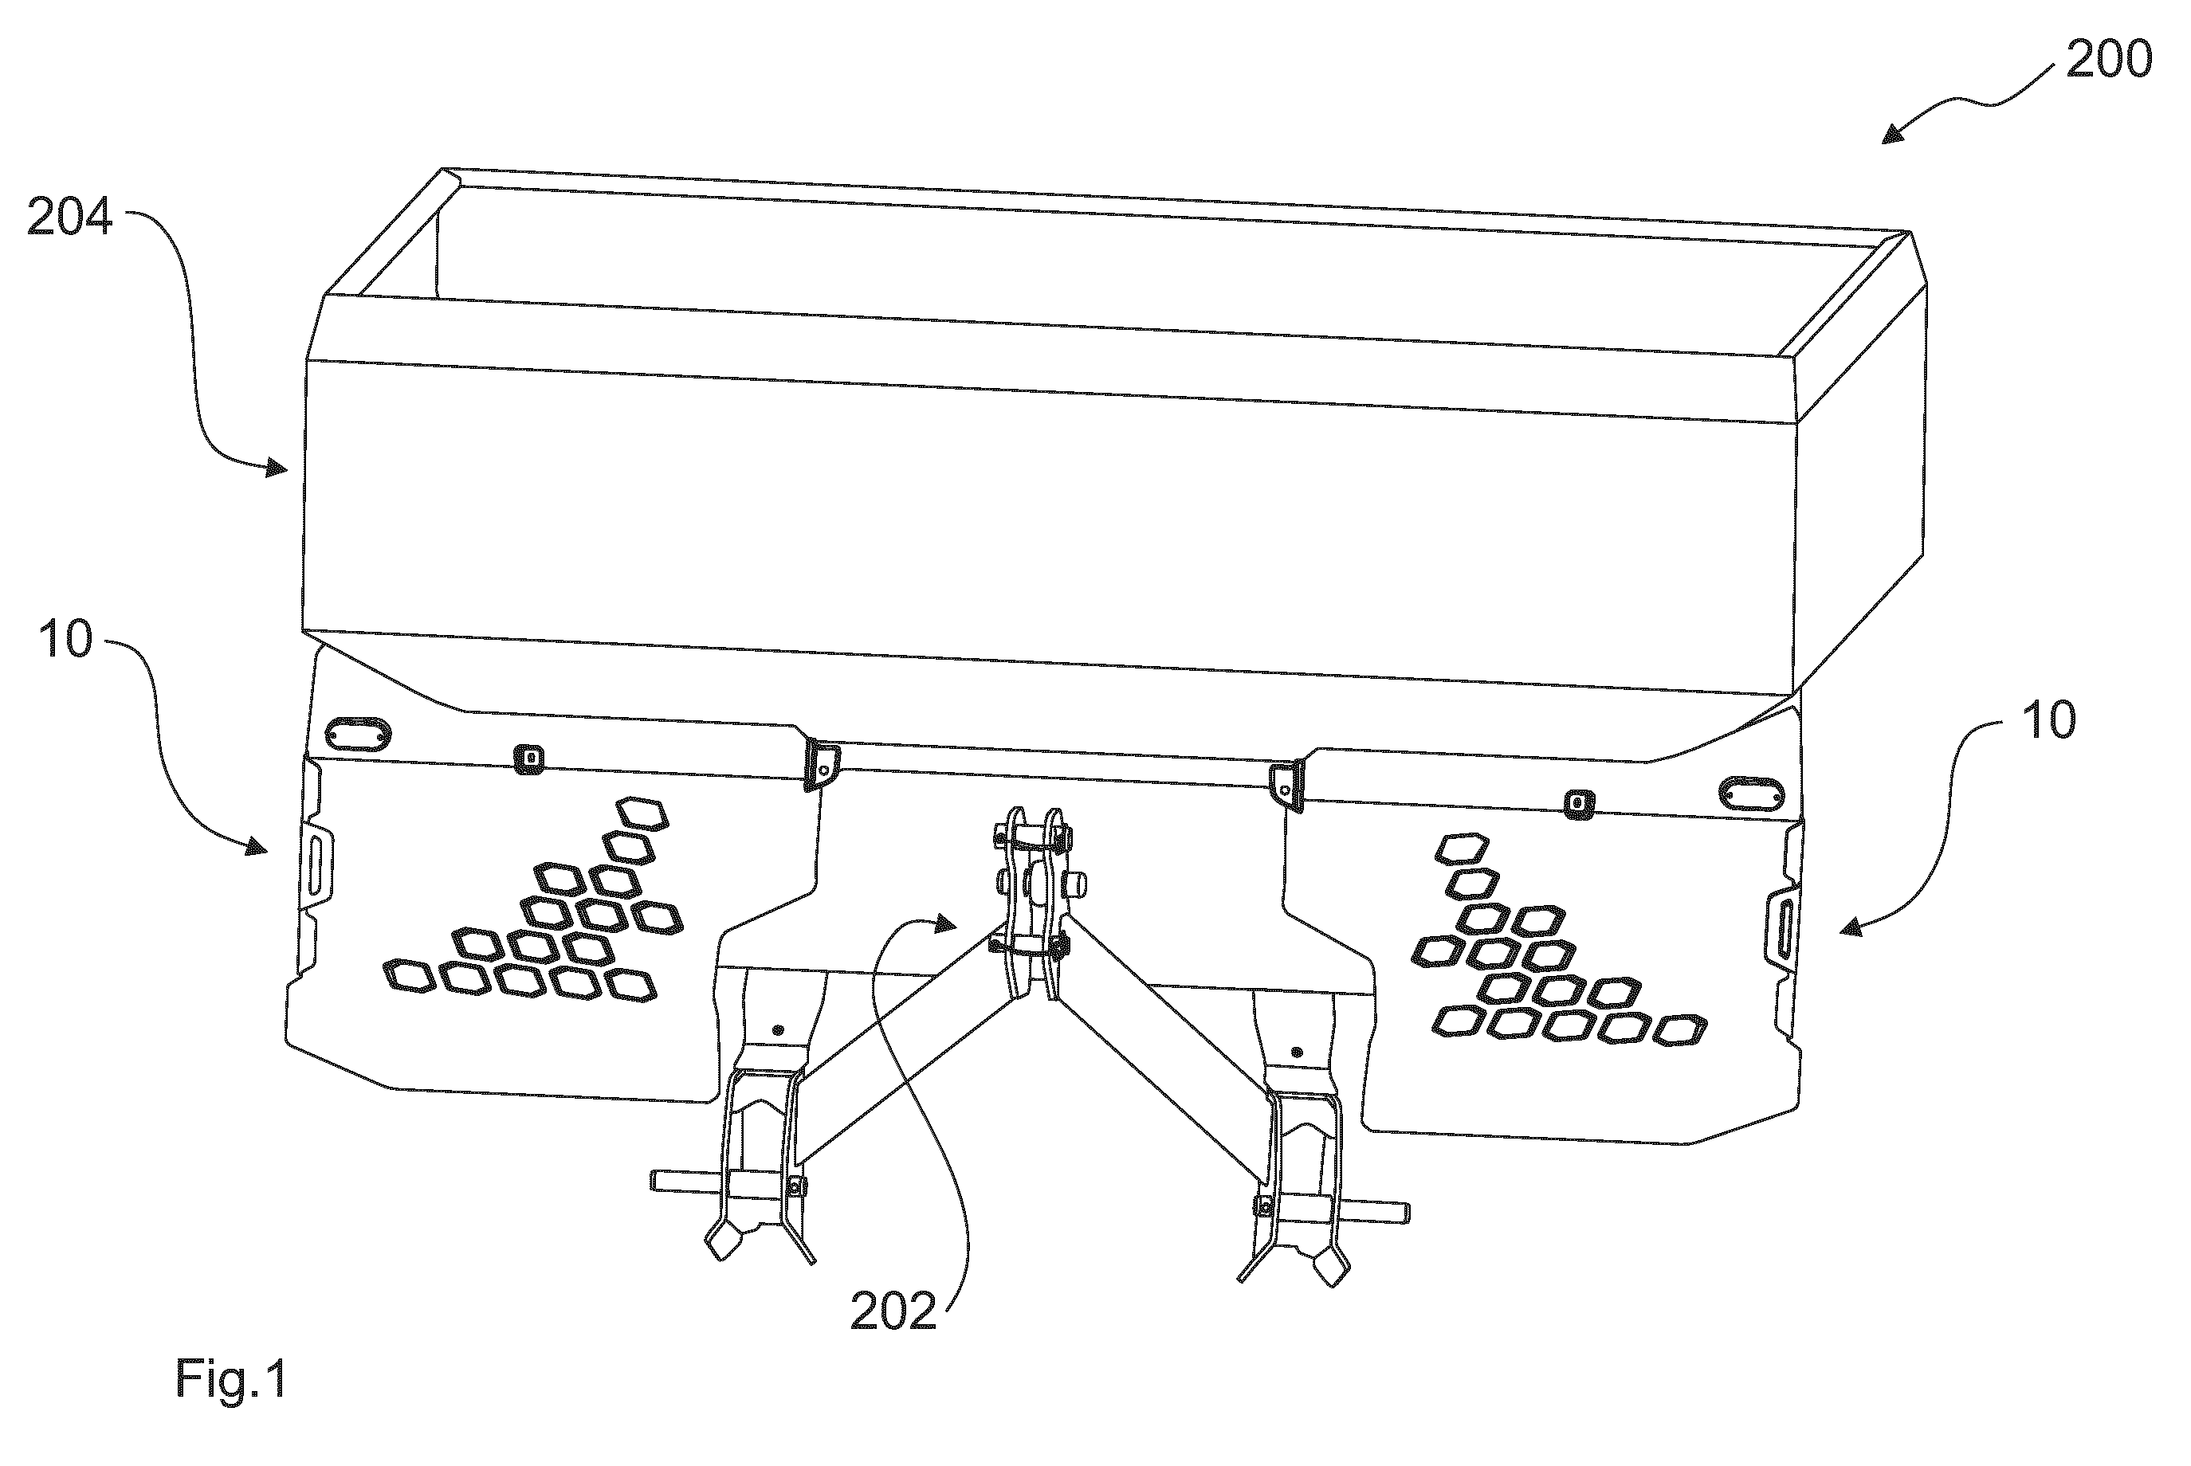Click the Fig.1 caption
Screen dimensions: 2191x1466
click(231, 1379)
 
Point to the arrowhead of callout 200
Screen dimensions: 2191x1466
click(1893, 134)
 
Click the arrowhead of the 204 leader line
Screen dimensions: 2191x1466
click(275, 467)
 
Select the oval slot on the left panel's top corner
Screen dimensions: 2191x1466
click(357, 734)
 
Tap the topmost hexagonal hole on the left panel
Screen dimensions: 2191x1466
click(642, 813)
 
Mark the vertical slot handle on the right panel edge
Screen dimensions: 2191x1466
click(1780, 926)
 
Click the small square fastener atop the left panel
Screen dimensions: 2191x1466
click(529, 759)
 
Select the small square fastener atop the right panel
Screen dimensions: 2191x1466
click(1580, 804)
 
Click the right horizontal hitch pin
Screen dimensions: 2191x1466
click(1369, 1212)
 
